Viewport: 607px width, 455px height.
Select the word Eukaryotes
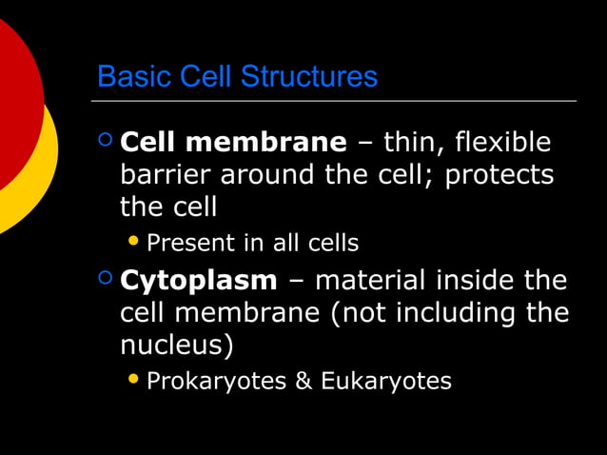[x=385, y=382]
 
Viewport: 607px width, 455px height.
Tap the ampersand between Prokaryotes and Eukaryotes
[x=303, y=382]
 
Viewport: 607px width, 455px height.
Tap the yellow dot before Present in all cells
[x=133, y=241]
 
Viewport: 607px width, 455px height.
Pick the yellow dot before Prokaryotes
[x=133, y=380]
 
